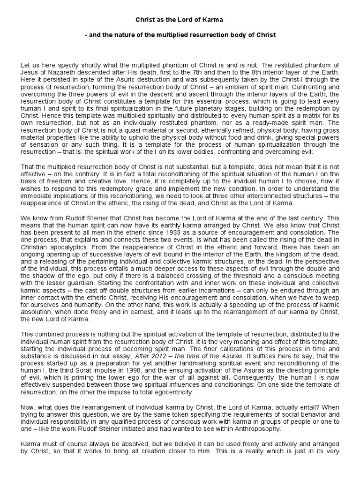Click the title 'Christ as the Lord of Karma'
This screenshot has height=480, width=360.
pos(180,20)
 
